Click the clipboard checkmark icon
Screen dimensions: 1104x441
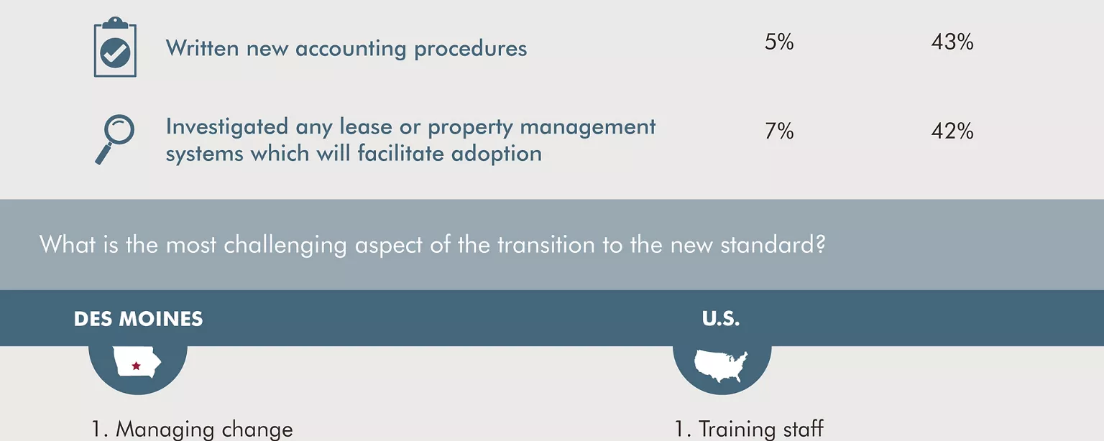(115, 47)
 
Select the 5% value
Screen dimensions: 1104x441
(779, 42)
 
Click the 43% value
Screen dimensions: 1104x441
(952, 42)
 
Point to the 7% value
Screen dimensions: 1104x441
(779, 131)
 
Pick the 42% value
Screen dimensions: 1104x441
(952, 131)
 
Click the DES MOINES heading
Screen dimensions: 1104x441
(138, 319)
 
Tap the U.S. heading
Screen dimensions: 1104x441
(721, 319)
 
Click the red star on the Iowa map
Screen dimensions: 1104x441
(136, 366)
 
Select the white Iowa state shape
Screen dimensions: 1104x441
(137, 362)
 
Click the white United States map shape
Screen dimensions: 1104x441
(721, 366)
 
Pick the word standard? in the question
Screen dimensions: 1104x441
(773, 244)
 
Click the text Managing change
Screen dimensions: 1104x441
(203, 430)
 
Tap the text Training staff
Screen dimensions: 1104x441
(761, 429)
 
